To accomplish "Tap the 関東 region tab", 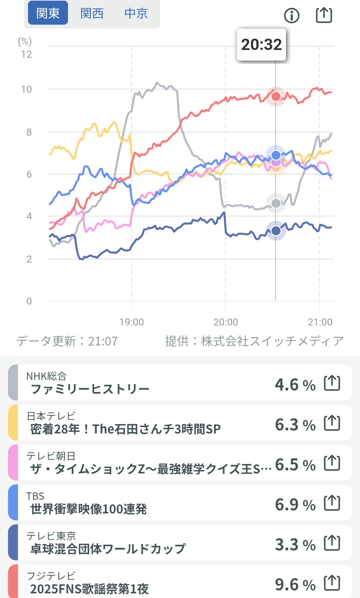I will [48, 13].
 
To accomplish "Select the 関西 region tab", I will [92, 13].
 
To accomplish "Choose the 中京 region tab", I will [136, 13].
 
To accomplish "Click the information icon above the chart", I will [292, 15].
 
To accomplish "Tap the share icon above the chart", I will [324, 15].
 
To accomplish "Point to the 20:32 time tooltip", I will [261, 45].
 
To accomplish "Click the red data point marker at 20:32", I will [276, 97].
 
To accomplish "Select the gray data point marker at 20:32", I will [276, 203].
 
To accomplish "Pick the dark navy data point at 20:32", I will [276, 231].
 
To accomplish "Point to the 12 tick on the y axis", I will [27, 54].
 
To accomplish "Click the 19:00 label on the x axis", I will [132, 322].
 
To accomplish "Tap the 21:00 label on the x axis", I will [320, 322].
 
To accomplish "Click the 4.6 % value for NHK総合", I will [295, 385].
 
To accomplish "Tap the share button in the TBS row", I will [332, 503].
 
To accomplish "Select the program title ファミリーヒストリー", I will [90, 389].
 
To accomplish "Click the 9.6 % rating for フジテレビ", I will [295, 585].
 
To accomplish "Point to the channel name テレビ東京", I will [51, 536].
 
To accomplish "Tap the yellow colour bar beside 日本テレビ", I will [13, 422].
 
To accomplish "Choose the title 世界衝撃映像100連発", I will [89, 509].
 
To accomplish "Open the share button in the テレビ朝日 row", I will [332, 463].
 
